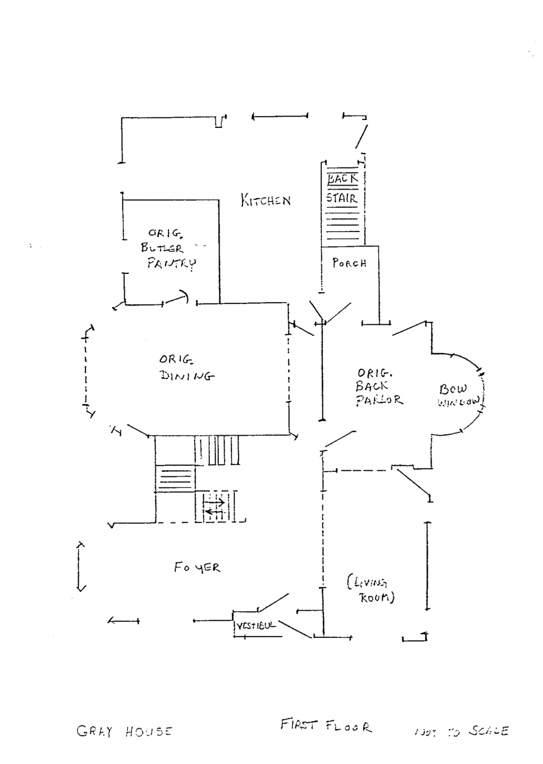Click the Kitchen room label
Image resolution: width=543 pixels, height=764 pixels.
[x=266, y=200]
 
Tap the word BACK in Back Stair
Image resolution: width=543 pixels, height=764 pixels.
[x=343, y=179]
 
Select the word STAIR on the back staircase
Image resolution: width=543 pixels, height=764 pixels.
[x=342, y=198]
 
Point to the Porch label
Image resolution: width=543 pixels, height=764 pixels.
[x=349, y=263]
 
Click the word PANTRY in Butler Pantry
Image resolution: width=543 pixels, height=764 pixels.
[x=171, y=263]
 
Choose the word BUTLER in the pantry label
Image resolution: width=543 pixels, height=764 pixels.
[x=162, y=248]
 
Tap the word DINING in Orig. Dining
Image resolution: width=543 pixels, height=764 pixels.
[x=187, y=375]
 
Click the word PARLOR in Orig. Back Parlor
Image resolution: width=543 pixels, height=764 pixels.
[x=380, y=400]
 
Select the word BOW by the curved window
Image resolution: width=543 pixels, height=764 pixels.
[x=453, y=389]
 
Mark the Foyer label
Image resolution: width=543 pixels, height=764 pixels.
[x=197, y=567]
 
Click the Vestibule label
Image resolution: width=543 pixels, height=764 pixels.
[x=256, y=626]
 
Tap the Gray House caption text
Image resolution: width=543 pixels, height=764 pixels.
[x=124, y=731]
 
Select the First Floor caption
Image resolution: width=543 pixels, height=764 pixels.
[x=326, y=726]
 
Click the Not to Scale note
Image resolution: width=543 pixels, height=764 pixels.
[x=461, y=732]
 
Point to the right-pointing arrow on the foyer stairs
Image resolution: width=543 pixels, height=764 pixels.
[x=214, y=502]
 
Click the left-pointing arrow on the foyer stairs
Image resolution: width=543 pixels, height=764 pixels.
[x=214, y=512]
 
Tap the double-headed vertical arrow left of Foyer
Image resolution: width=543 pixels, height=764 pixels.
[x=80, y=566]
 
